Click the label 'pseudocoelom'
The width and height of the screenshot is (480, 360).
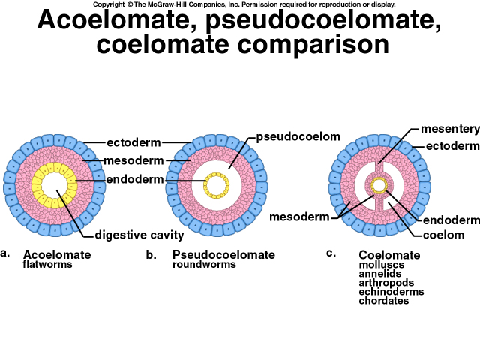298,137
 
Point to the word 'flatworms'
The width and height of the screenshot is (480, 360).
47,265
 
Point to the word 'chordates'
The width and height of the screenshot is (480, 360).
384,301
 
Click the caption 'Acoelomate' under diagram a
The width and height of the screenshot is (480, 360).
57,255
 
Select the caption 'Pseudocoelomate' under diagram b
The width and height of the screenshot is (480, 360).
223,255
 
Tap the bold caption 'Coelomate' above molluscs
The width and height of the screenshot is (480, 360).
389,255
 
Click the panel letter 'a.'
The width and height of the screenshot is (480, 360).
6,253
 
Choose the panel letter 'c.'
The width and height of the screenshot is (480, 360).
331,253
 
